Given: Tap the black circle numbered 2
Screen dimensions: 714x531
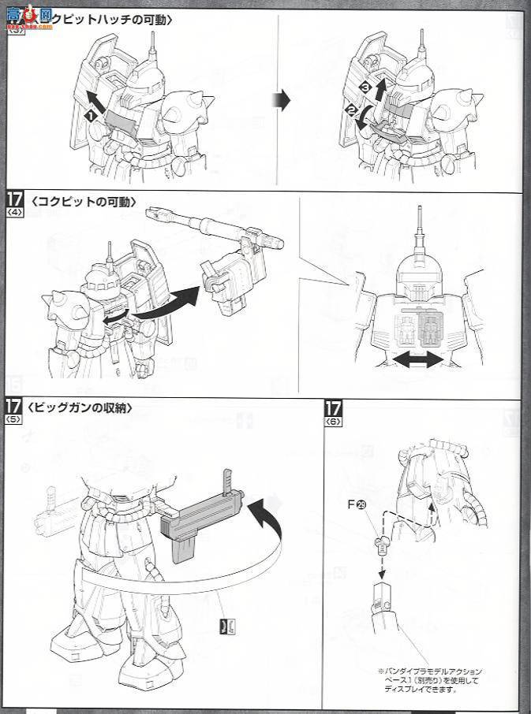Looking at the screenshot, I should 350,110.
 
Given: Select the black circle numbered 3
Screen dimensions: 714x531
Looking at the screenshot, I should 365,85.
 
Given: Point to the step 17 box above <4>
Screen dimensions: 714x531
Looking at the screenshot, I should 14,199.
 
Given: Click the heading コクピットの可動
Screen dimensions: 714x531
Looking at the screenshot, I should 84,202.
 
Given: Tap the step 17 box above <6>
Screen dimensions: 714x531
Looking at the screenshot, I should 333,408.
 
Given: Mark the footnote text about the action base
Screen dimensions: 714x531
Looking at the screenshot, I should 430,679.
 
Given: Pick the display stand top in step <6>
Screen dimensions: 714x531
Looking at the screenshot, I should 380,592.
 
